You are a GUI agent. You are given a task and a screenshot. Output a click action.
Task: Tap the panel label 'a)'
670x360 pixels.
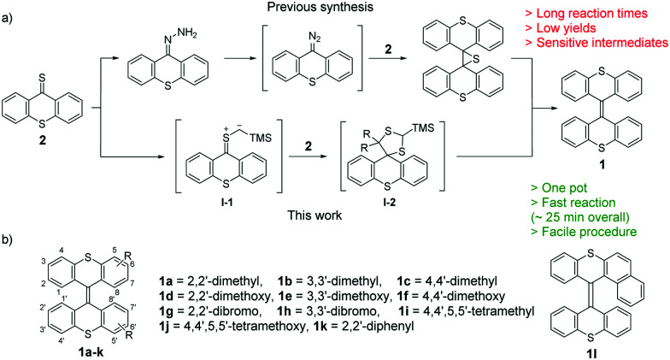coord(9,9)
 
